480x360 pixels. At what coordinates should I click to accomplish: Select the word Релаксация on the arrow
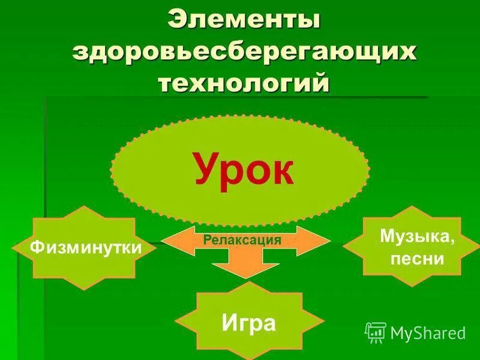click(242, 240)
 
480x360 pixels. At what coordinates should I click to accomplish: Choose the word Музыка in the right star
click(416, 236)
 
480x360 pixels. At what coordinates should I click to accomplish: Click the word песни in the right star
click(416, 259)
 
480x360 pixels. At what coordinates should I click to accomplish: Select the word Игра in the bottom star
click(248, 323)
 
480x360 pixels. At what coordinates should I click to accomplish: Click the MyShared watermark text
click(428, 332)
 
